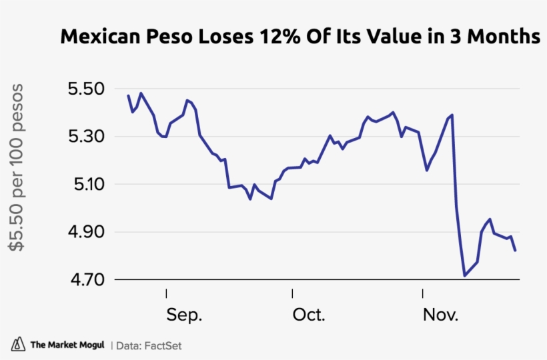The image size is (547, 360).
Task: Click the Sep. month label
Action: point(184,315)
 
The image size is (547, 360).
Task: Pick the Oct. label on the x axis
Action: point(309,315)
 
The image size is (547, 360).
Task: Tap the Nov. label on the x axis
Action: point(440,315)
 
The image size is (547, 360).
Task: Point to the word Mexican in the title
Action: point(96,37)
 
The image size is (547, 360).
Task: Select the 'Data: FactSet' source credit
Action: point(149,345)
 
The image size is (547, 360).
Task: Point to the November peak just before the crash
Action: point(452,115)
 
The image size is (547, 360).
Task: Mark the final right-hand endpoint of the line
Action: point(516,251)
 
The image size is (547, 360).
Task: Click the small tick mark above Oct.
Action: point(292,293)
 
